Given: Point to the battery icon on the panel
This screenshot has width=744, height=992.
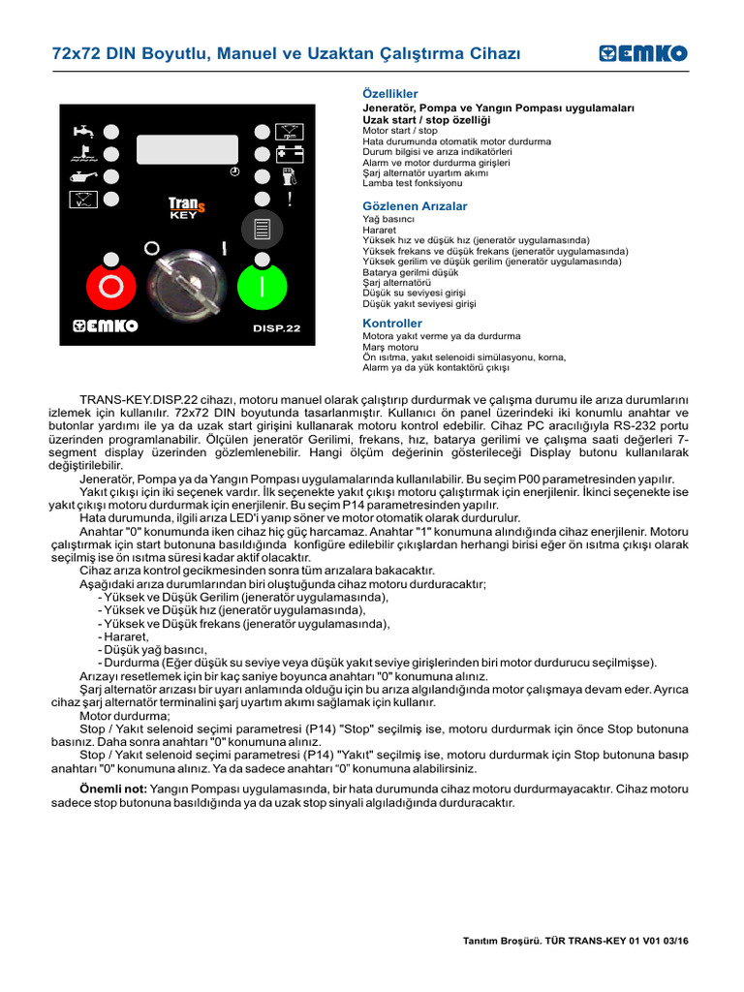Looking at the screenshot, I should pos(290,153).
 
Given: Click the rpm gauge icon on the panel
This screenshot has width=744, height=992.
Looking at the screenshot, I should pos(290,131).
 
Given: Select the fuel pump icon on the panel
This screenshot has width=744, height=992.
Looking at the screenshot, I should pos(289,176).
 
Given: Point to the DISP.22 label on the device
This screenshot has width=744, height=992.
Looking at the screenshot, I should pos(276,328).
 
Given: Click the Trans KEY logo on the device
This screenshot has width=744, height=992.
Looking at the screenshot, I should pos(186,207).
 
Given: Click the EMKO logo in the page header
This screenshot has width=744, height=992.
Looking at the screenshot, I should pos(642,53).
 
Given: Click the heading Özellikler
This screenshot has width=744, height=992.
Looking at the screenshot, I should pos(389,92).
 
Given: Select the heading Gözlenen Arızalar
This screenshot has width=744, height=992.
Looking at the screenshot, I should pos(415,206).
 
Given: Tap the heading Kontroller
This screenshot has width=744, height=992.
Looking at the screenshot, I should pos(392,323).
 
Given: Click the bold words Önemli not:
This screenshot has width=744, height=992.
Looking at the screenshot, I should pos(113,790).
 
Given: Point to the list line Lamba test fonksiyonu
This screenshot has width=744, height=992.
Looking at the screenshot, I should pos(412,183).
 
